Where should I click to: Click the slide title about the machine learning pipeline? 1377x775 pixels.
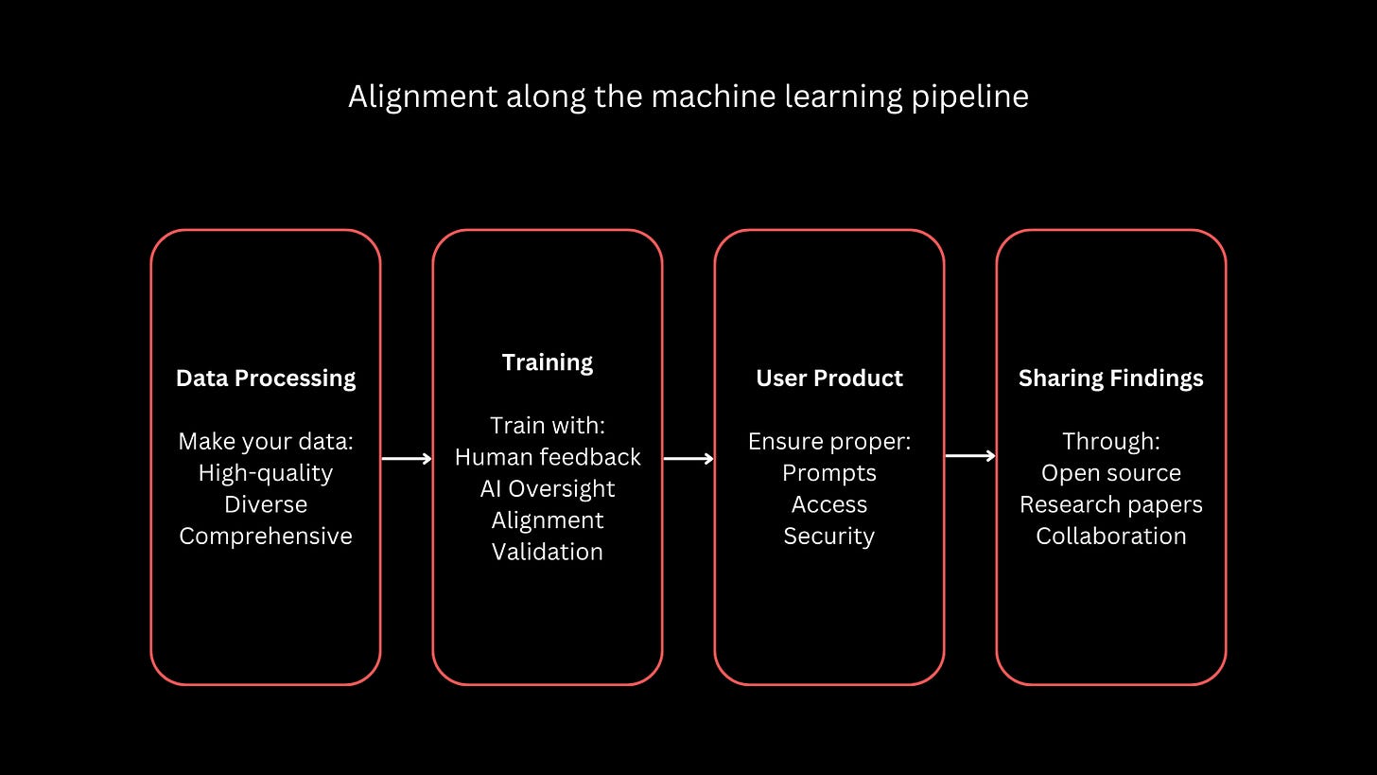[688, 97]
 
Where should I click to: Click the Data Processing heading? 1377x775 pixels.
[266, 379]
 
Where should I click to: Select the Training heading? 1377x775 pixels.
[548, 362]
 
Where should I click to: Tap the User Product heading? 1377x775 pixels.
[829, 379]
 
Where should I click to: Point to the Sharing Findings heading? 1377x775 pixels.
[1111, 379]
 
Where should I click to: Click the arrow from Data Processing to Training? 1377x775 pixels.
[407, 459]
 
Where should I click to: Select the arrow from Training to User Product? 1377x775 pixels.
[688, 459]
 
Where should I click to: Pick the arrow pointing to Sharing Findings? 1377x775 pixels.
[970, 456]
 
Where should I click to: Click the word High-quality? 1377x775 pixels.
[266, 473]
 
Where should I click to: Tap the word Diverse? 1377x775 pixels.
[266, 504]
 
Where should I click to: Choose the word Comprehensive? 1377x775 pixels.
[266, 537]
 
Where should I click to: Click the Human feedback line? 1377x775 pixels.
[548, 457]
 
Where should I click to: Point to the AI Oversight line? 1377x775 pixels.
[548, 489]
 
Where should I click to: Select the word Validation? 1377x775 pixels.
[548, 552]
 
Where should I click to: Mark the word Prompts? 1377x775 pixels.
[829, 473]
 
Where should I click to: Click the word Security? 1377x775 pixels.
[829, 537]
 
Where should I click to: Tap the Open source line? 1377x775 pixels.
[1111, 473]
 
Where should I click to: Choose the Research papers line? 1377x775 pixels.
[1111, 504]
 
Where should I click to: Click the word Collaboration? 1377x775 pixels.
[1111, 537]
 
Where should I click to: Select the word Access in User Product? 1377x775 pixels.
[829, 504]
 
